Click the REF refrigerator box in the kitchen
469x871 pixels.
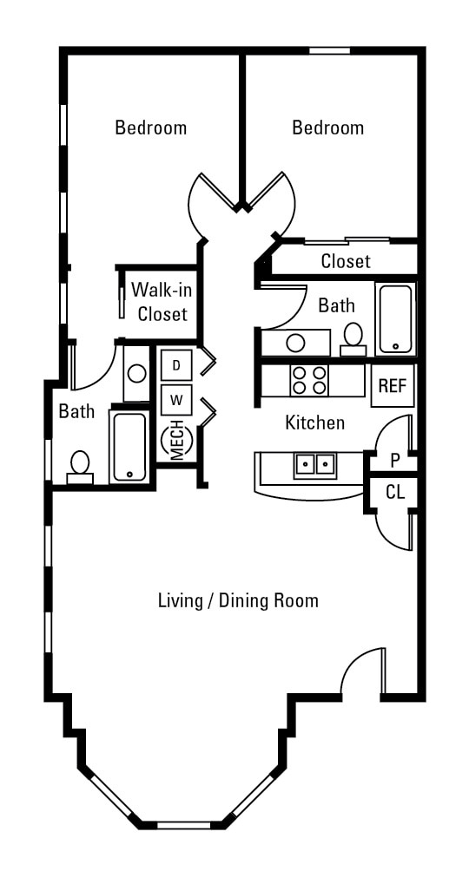coord(393,385)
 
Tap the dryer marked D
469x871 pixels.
coord(176,365)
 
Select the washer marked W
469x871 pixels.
coord(176,399)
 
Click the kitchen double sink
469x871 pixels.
coord(315,464)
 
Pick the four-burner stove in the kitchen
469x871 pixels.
coord(309,380)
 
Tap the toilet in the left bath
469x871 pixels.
coord(80,467)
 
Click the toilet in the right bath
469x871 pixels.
coord(353,339)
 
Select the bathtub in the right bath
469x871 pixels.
coord(395,318)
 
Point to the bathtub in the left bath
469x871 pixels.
coord(129,447)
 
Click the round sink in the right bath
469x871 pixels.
coord(295,343)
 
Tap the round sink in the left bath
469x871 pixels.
coord(137,373)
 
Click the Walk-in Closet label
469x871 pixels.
coord(159,302)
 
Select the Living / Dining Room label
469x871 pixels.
coord(239,600)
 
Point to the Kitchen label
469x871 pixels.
coord(315,422)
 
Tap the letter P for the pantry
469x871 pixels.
coord(395,460)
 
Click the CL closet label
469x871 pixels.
coord(395,492)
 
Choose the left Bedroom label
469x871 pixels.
coord(151,128)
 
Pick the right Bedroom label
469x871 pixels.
coord(328,128)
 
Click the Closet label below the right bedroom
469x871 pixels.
coord(346,261)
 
